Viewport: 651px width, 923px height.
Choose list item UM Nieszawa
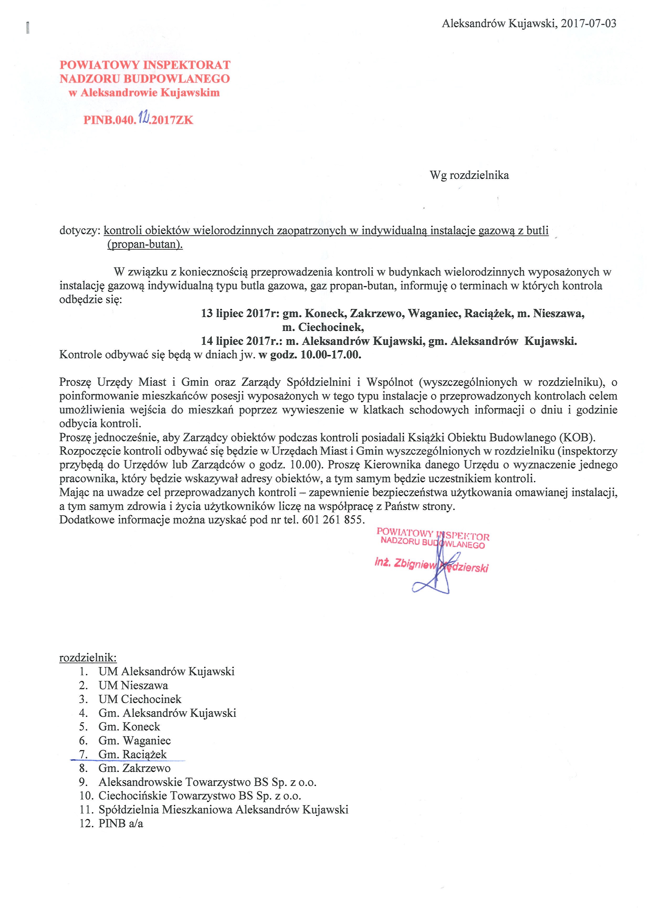133,685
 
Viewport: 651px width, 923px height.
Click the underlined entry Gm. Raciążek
132,755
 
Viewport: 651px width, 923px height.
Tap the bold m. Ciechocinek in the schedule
323,327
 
